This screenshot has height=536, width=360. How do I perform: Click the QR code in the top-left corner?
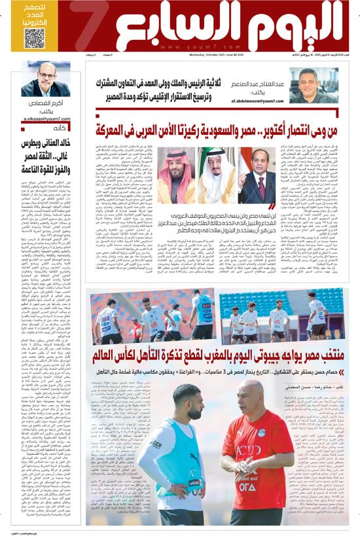(34, 37)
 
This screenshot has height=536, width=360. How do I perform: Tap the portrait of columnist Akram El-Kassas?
(46, 80)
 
